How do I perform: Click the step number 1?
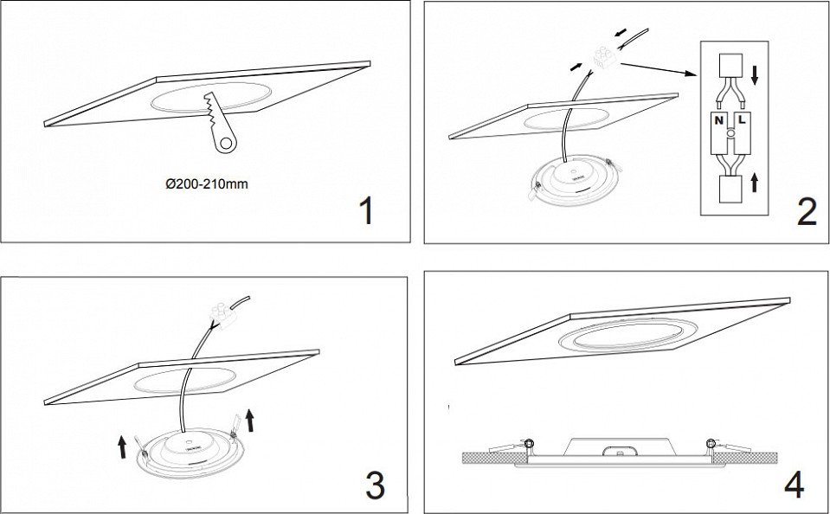[366, 210]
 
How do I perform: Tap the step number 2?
[807, 214]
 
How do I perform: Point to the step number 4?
[794, 485]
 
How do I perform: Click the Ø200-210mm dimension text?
[207, 184]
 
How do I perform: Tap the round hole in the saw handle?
[226, 143]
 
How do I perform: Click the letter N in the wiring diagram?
[719, 120]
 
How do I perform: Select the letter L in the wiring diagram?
[742, 120]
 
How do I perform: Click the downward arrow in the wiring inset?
[755, 76]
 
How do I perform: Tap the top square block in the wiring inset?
[730, 65]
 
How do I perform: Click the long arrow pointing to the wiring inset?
[659, 70]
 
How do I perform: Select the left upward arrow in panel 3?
[122, 447]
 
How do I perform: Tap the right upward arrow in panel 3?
[250, 421]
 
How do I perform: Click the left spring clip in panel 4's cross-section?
[512, 447]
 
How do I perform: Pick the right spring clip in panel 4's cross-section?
[729, 446]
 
